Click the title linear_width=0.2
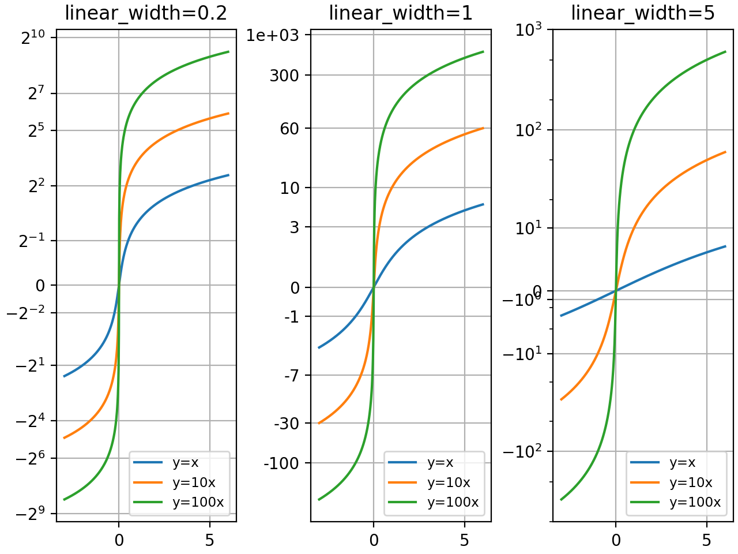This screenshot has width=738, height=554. click(x=146, y=13)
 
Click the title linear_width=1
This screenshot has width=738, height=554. click(x=401, y=13)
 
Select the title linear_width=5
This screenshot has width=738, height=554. click(x=643, y=13)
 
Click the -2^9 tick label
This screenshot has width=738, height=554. click(x=32, y=514)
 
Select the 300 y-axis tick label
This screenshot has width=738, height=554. click(x=284, y=75)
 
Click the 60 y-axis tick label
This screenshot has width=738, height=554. click(x=289, y=128)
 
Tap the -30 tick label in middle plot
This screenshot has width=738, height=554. click(x=287, y=424)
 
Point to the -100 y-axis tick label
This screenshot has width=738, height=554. click(x=281, y=463)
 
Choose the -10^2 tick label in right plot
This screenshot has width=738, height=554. click(x=522, y=451)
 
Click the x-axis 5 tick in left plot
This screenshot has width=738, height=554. click(x=209, y=540)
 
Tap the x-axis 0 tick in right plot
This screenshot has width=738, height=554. click(x=616, y=540)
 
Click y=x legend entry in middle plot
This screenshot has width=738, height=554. click(x=440, y=462)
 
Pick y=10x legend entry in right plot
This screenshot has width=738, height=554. click(x=690, y=482)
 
